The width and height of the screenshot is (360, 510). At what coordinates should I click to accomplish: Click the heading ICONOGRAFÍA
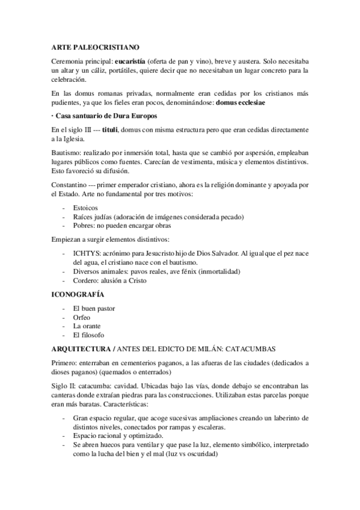(78, 295)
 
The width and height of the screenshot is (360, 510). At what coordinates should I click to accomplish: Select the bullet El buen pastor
(94, 309)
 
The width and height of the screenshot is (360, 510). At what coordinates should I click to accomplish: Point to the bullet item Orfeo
(81, 317)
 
